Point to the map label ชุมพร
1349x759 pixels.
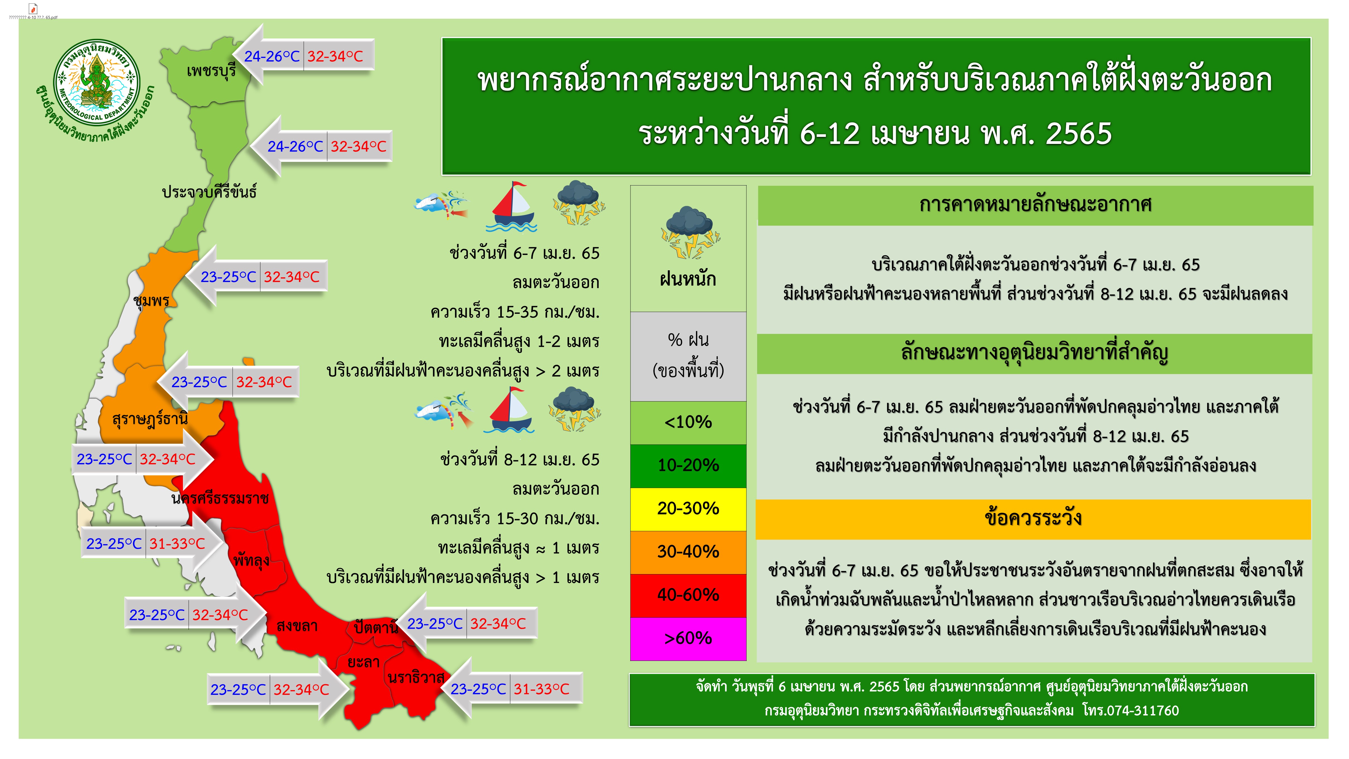(x=151, y=300)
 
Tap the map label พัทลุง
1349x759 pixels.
(x=251, y=560)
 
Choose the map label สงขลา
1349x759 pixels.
(x=297, y=625)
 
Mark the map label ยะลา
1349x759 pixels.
(x=363, y=662)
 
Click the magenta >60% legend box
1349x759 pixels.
(x=688, y=638)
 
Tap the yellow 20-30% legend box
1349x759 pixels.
(x=688, y=509)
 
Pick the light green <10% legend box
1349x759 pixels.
(x=688, y=422)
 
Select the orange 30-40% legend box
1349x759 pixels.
(x=688, y=551)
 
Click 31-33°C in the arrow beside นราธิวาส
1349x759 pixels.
(x=541, y=689)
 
